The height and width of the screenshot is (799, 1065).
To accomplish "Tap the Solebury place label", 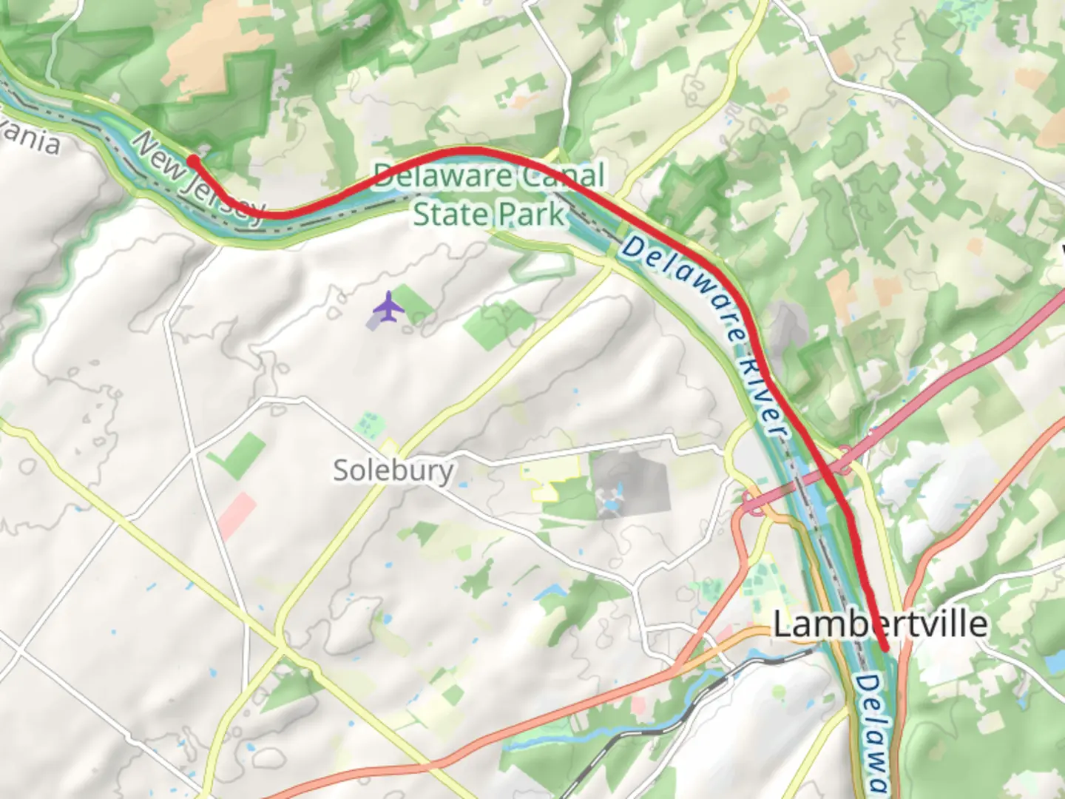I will pos(393,471).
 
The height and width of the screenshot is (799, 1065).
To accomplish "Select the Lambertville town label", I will pos(880,624).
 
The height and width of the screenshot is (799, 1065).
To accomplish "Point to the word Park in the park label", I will pos(530,215).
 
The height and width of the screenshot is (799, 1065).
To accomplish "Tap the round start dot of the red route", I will pos(192,161).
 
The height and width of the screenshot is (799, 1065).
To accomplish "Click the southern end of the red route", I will pos(885,649).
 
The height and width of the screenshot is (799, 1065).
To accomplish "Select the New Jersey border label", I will pos(198,177).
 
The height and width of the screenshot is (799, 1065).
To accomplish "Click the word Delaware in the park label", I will pos(442,176).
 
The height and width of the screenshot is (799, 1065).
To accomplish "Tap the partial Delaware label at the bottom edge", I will pos(875,732).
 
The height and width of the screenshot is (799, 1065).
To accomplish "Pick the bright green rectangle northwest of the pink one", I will pos(238,456).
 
